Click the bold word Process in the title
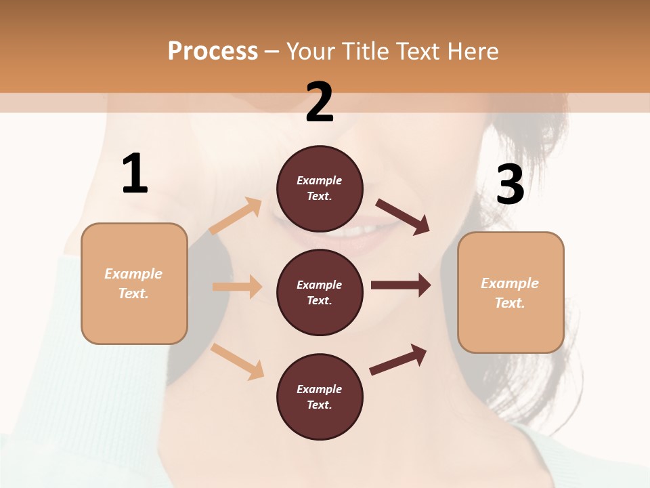pyautogui.click(x=213, y=52)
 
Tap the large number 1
pyautogui.click(x=135, y=174)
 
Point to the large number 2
pyautogui.click(x=320, y=102)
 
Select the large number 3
pyautogui.click(x=510, y=185)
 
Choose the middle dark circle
pyautogui.click(x=320, y=292)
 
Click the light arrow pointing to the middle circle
pyautogui.click(x=237, y=287)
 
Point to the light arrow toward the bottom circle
pyautogui.click(x=237, y=361)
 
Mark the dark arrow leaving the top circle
pyautogui.click(x=402, y=216)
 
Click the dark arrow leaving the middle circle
pyautogui.click(x=401, y=285)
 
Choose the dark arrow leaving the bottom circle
pyautogui.click(x=398, y=359)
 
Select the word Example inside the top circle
pyautogui.click(x=320, y=180)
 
